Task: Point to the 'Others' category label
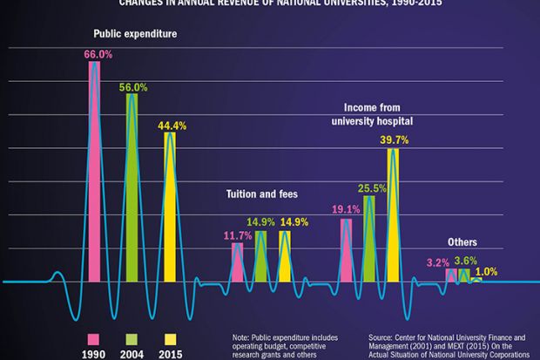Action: point(462,241)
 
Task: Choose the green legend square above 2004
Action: point(132,338)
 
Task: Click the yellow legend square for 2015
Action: point(171,338)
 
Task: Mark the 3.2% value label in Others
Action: point(437,262)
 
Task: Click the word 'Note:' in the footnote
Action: point(241,336)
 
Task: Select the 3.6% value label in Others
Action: point(466,261)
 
